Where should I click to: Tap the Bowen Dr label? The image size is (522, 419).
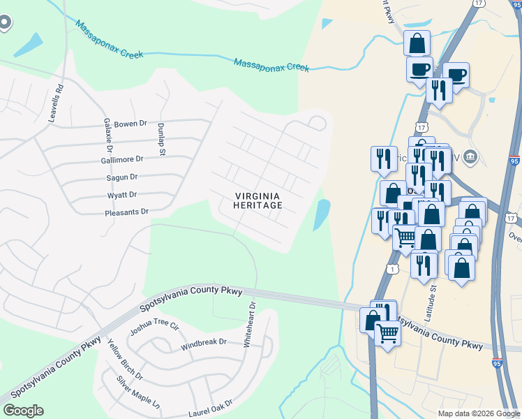point(130,124)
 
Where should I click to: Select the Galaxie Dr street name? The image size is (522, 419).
point(109,135)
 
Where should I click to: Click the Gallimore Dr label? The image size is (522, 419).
point(121,159)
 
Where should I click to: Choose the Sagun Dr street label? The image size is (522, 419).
point(122,177)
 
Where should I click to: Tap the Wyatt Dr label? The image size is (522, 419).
point(121,195)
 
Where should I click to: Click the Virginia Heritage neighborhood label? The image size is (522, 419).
point(258,200)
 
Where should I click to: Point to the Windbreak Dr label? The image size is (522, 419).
point(204,342)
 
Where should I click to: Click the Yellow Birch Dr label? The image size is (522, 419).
point(125,359)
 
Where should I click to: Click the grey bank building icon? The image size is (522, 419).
point(471,155)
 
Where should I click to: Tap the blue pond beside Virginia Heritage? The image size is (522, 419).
point(321,215)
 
